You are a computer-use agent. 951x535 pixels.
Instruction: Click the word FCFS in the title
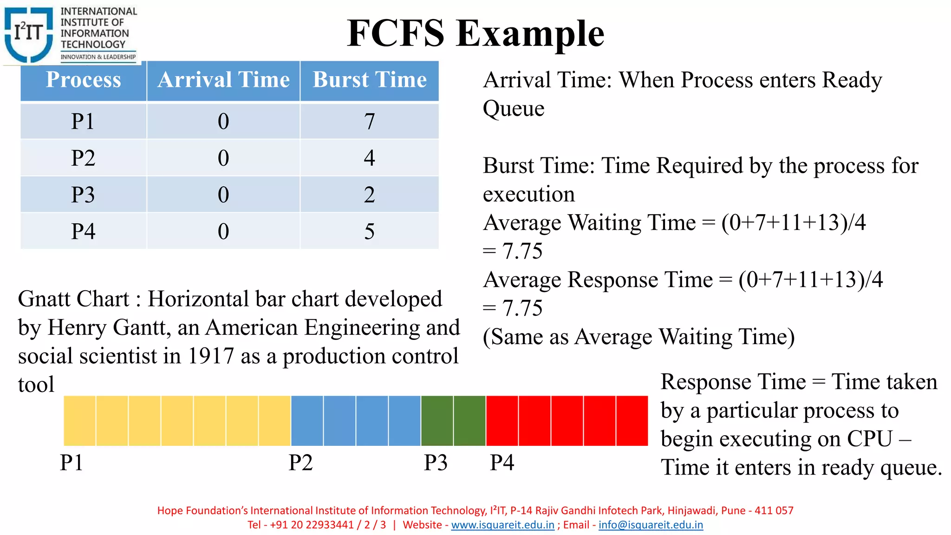395,33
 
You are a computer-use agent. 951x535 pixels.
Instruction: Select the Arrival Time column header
223,80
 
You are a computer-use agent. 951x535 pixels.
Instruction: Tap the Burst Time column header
370,80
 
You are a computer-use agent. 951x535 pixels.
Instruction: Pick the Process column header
84,80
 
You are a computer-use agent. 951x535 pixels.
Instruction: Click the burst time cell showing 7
370,121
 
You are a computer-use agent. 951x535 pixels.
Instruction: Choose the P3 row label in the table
83,195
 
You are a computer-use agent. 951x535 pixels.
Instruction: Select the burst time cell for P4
370,231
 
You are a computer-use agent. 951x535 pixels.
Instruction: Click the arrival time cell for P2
223,158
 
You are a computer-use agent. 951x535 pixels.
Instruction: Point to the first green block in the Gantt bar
437,421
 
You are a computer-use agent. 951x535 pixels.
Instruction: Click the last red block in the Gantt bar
632,421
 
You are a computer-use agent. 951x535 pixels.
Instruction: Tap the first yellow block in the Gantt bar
80,421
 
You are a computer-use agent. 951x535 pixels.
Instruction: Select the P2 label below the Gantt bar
300,463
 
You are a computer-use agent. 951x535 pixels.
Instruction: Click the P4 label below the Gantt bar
502,463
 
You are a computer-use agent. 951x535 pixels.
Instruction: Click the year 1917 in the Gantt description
210,356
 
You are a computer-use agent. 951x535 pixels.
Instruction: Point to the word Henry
77,328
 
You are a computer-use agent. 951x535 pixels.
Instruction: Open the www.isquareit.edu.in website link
502,525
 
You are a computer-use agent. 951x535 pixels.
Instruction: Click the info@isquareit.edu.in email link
651,525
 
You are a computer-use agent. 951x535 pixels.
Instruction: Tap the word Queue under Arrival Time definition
514,109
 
